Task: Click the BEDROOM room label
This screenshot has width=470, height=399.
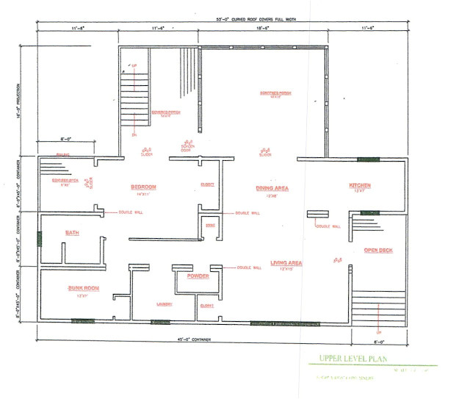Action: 144,187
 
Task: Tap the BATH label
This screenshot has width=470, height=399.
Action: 72,233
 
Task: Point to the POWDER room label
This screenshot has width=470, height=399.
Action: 198,276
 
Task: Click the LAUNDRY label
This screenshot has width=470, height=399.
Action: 164,303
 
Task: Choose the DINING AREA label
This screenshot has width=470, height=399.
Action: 272,188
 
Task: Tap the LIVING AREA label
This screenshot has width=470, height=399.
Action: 287,262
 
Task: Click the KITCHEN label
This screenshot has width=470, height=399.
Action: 360,186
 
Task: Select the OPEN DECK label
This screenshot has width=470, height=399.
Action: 378,251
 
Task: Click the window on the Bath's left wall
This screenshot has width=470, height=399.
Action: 39,239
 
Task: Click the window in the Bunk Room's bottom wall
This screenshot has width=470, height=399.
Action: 83,321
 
